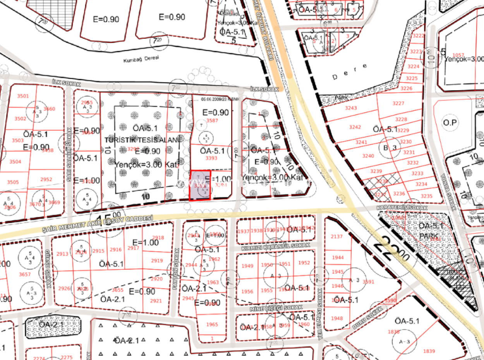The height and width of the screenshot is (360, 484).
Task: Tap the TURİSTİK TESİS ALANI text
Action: coord(142,140)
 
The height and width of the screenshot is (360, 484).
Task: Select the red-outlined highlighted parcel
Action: coord(200,185)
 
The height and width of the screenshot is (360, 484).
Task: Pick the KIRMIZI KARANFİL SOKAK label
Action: coord(275,246)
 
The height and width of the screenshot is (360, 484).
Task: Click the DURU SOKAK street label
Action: coord(367,318)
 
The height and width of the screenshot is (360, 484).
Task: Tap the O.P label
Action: coord(450,122)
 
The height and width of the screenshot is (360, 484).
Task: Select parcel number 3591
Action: coord(368,282)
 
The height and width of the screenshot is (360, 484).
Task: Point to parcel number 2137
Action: coord(337,237)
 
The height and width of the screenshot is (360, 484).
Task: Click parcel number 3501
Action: coord(23,96)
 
